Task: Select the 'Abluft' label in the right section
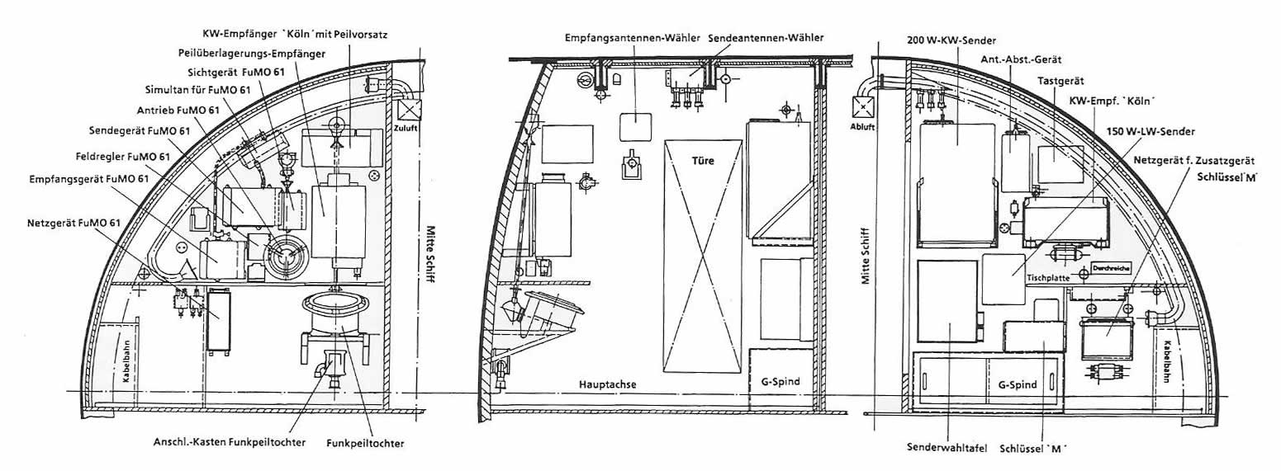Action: [862, 127]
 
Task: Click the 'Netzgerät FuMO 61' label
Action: [73, 223]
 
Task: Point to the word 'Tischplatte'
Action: [1048, 278]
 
